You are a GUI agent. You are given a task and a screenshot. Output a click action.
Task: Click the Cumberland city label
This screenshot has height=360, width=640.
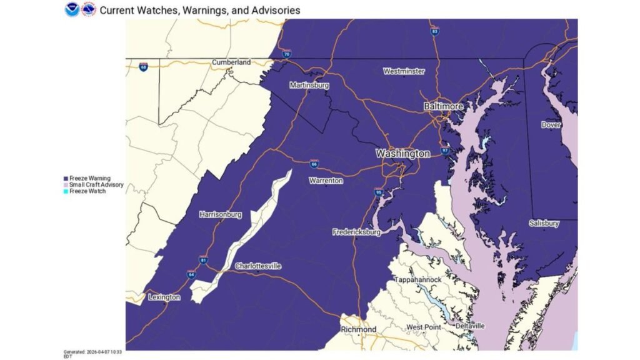click(x=231, y=62)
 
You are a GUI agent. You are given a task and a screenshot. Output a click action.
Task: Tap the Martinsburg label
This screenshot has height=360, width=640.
click(x=309, y=85)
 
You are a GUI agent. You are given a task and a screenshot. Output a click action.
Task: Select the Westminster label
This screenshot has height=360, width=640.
click(x=404, y=71)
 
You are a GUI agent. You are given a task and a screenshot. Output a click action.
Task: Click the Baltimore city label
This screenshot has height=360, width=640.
click(x=443, y=107)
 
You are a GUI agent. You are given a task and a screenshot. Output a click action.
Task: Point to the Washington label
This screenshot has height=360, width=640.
click(x=402, y=153)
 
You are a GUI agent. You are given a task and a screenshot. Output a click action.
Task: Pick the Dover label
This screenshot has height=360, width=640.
click(x=551, y=125)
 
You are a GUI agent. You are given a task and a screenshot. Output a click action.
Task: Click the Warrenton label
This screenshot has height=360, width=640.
click(x=326, y=181)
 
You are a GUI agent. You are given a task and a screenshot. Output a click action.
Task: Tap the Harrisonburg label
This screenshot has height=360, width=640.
click(x=220, y=215)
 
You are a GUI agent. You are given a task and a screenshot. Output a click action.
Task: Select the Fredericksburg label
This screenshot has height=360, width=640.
click(x=356, y=232)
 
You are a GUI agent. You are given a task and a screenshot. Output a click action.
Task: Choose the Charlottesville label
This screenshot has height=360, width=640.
click(x=258, y=266)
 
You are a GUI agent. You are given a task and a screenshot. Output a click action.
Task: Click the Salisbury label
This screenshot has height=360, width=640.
click(x=544, y=223)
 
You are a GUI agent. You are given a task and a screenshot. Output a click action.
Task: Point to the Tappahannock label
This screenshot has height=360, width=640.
click(x=417, y=279)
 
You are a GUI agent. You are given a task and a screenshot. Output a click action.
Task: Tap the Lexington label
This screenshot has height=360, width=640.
click(x=164, y=297)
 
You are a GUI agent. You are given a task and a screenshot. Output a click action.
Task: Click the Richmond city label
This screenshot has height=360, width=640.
click(x=359, y=329)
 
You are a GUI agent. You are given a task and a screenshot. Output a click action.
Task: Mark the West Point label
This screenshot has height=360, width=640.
click(x=423, y=327)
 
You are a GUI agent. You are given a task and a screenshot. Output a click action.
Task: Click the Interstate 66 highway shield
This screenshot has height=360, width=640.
click(x=314, y=164)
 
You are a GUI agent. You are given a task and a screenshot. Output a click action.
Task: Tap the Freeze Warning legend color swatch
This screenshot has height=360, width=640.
click(x=66, y=179)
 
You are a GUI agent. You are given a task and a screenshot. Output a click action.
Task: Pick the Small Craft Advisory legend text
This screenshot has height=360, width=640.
click(x=96, y=185)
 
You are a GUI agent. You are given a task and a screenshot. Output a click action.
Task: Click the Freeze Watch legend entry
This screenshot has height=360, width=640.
click(x=87, y=191)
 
